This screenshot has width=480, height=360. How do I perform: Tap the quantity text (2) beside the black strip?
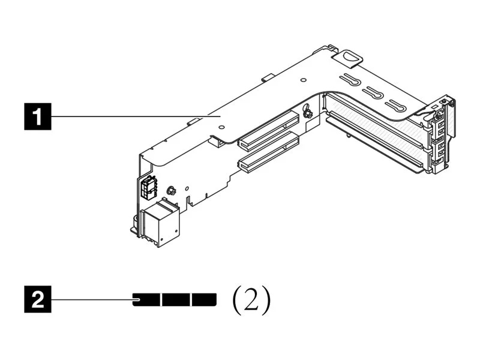click(251, 299)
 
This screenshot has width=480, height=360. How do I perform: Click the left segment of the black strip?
click(146, 299)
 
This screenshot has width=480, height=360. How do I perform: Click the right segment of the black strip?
click(204, 299)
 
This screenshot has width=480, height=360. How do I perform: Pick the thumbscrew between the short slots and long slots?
click(307, 112)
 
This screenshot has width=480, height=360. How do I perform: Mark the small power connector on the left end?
click(148, 189)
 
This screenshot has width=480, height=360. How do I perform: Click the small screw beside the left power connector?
click(170, 191)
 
